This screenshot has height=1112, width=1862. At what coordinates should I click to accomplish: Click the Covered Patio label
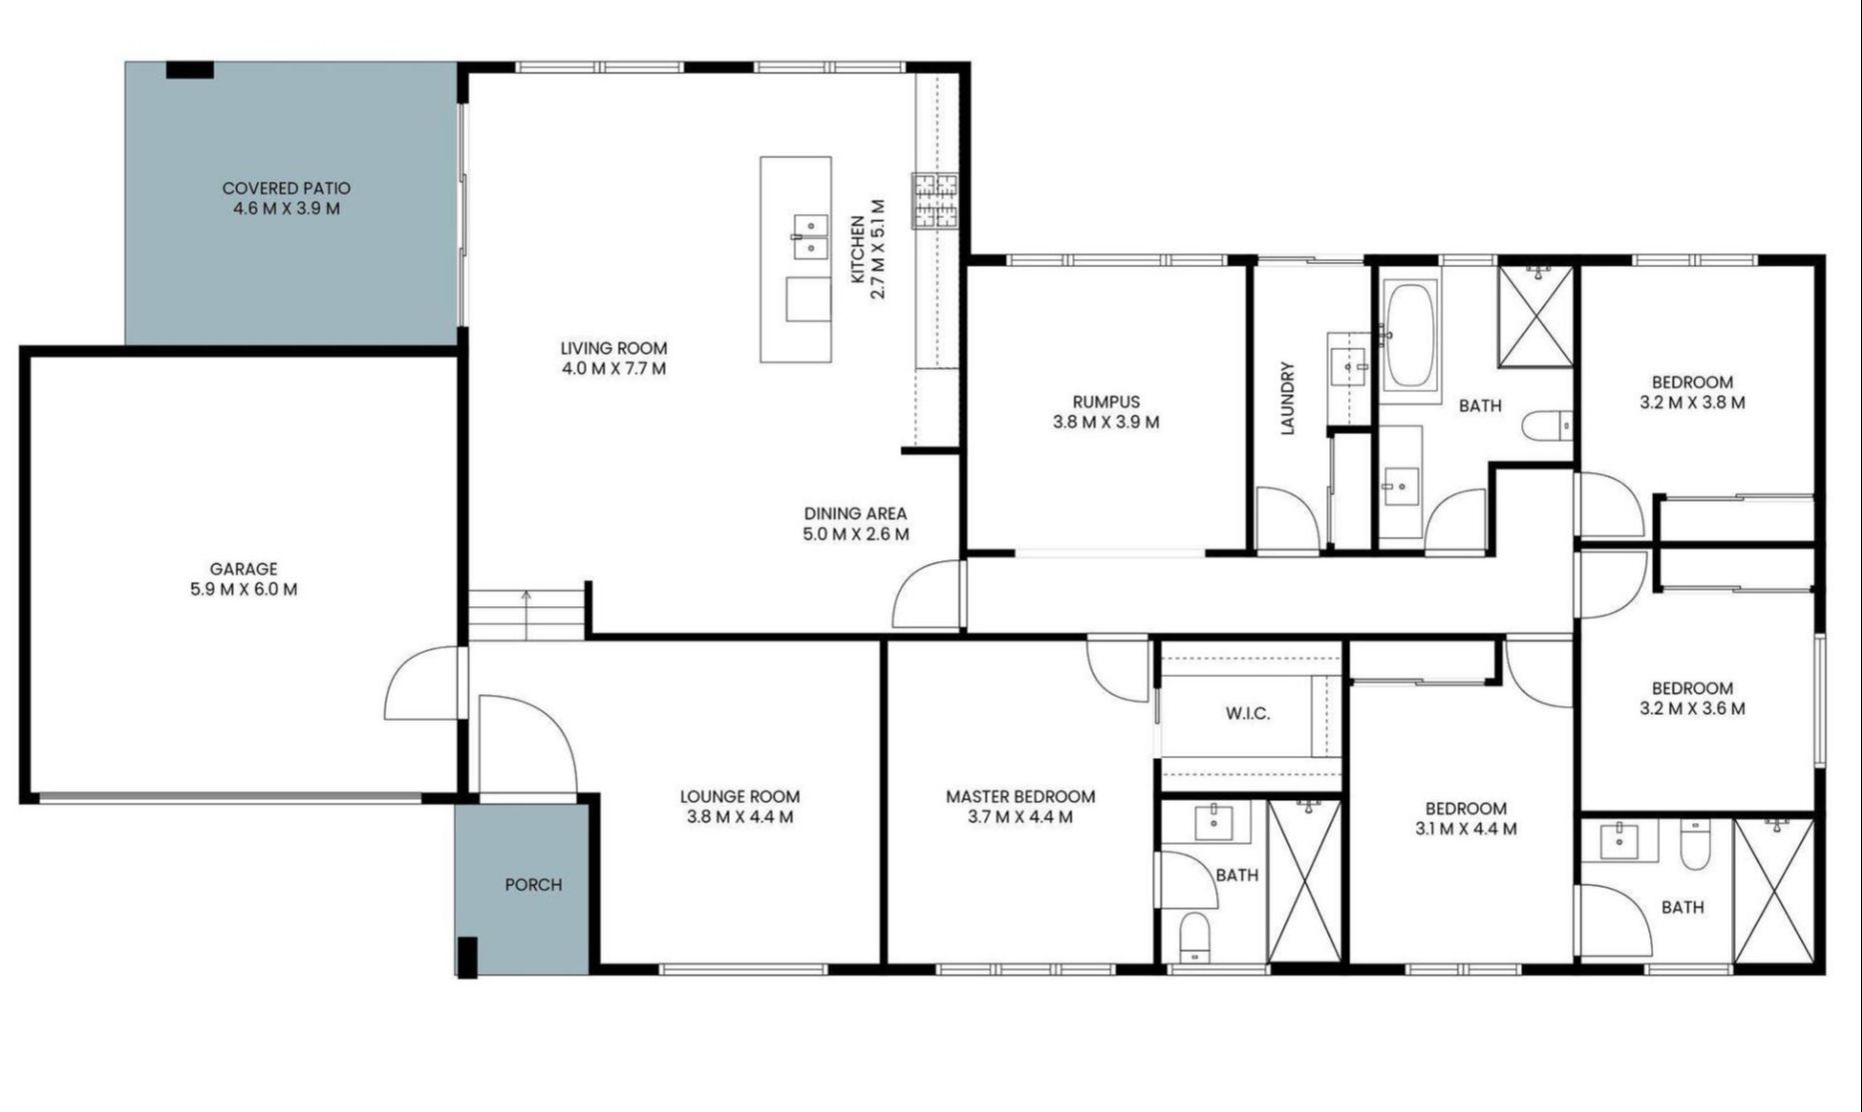(286, 188)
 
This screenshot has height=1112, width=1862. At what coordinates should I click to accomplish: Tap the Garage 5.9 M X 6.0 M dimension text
(243, 589)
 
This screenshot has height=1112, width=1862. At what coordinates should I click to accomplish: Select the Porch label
(533, 884)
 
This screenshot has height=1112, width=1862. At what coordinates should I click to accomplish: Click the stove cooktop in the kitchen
(933, 202)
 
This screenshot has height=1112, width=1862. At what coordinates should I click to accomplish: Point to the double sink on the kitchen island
(811, 237)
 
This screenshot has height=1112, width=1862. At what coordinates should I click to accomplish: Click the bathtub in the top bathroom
(1408, 337)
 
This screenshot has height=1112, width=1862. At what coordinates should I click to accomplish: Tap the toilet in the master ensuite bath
(1194, 937)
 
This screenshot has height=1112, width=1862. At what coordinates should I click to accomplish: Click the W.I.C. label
(1247, 713)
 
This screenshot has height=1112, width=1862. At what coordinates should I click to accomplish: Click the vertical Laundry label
(1287, 398)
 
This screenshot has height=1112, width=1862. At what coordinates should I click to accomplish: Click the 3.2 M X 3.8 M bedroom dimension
(1692, 403)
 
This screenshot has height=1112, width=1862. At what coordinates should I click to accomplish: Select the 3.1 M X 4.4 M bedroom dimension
(1465, 829)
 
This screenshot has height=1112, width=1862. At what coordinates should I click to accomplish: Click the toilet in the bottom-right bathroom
(1695, 845)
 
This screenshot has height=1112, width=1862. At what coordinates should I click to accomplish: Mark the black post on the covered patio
(189, 70)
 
